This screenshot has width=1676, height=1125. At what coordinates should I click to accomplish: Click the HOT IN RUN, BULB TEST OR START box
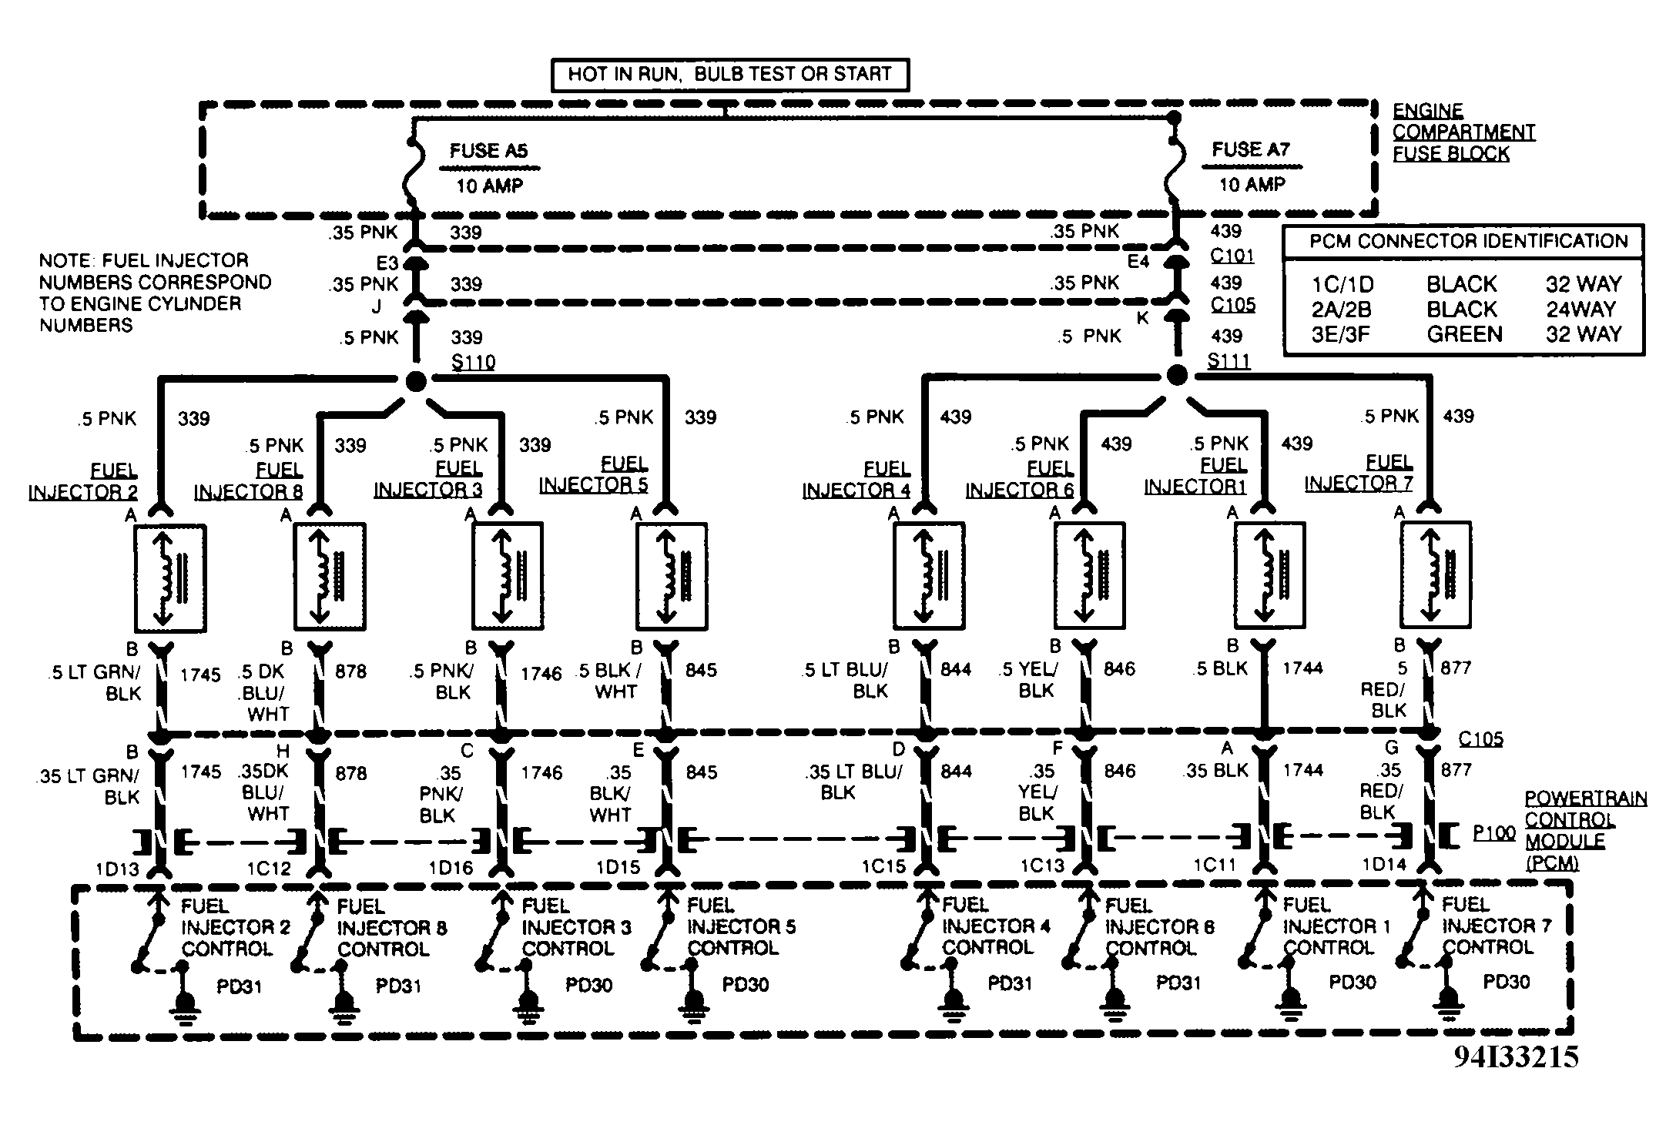click(729, 75)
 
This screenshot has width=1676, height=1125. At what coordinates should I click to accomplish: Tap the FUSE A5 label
click(488, 151)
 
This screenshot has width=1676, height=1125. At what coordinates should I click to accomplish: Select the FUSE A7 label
click(1250, 149)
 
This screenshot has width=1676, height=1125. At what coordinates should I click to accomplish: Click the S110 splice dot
click(415, 380)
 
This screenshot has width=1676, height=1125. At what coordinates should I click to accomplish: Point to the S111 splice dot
click(1176, 375)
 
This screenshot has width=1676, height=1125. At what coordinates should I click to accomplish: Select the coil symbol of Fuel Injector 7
click(1435, 574)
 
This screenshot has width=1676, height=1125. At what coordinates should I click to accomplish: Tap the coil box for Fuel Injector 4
click(929, 575)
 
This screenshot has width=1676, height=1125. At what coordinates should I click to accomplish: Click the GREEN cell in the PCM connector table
click(1464, 334)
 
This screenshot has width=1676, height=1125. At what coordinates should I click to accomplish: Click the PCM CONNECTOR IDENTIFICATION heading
click(1468, 241)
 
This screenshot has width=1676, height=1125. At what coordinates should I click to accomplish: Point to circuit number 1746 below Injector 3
click(541, 674)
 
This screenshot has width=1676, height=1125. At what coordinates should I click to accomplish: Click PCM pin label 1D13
click(117, 869)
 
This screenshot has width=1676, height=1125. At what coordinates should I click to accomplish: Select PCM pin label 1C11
click(1215, 866)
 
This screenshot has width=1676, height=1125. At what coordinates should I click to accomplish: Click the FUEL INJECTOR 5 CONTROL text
click(741, 927)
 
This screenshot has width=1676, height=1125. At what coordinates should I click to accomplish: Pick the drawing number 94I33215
click(1516, 1056)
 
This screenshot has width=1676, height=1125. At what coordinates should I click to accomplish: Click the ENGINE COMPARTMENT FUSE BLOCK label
click(1462, 132)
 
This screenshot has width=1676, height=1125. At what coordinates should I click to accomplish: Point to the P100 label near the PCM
click(1493, 833)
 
